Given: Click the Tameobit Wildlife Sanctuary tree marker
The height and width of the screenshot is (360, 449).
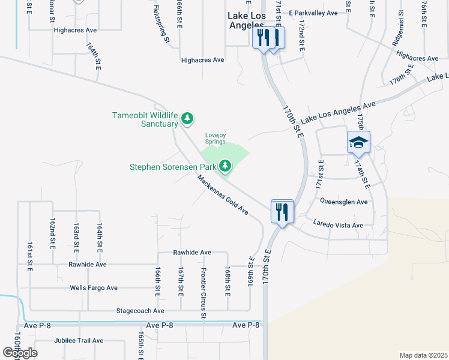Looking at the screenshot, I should point(187,118).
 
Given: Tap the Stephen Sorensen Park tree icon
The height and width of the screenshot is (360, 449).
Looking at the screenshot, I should point(226,164).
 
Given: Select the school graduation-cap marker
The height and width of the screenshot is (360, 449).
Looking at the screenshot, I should point(358,142).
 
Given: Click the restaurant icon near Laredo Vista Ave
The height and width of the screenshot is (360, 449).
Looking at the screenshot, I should point(282,211).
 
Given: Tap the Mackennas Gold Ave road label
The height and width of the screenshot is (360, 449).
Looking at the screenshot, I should point(223,194).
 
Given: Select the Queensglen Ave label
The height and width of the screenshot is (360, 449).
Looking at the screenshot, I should point(343,202).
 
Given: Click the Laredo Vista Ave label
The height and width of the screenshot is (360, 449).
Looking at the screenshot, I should point(338,225).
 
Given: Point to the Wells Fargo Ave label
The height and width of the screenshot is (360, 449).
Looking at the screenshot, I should point(94,288).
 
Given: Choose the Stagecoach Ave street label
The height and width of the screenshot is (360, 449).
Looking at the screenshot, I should point(141,311).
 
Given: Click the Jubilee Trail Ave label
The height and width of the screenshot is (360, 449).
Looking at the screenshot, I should point(78,340).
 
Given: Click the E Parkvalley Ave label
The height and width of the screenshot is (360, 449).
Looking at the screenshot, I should point(313,12).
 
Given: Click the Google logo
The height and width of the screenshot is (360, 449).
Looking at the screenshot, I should point(20,352).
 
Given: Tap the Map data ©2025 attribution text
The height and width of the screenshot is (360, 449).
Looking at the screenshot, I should point(423,355).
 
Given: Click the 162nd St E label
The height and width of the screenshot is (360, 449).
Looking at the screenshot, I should point(53,230).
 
